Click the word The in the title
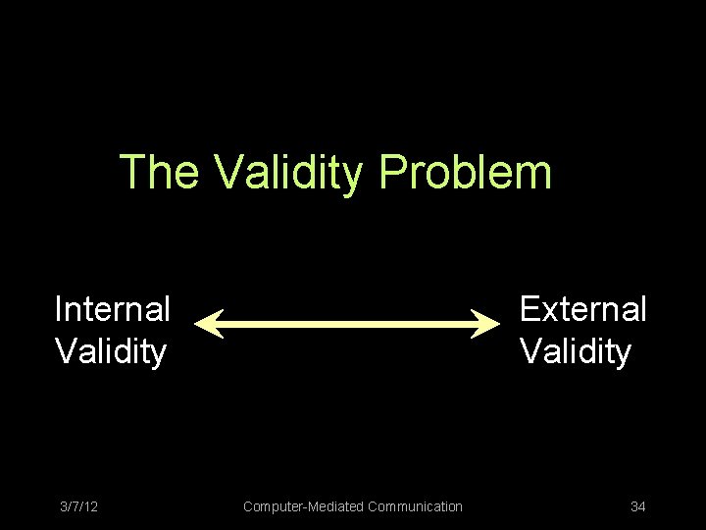[x=159, y=172]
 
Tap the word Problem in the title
[x=465, y=172]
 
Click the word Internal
[x=113, y=309]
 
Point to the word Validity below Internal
[x=111, y=350]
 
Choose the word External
[x=582, y=309]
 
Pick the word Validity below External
[x=576, y=350]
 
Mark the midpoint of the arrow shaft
[x=348, y=323]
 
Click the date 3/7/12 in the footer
[x=78, y=506]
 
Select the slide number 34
[x=638, y=506]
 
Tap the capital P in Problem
[x=391, y=172]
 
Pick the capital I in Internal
[x=59, y=309]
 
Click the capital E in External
[x=530, y=309]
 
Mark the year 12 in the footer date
[x=90, y=506]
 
